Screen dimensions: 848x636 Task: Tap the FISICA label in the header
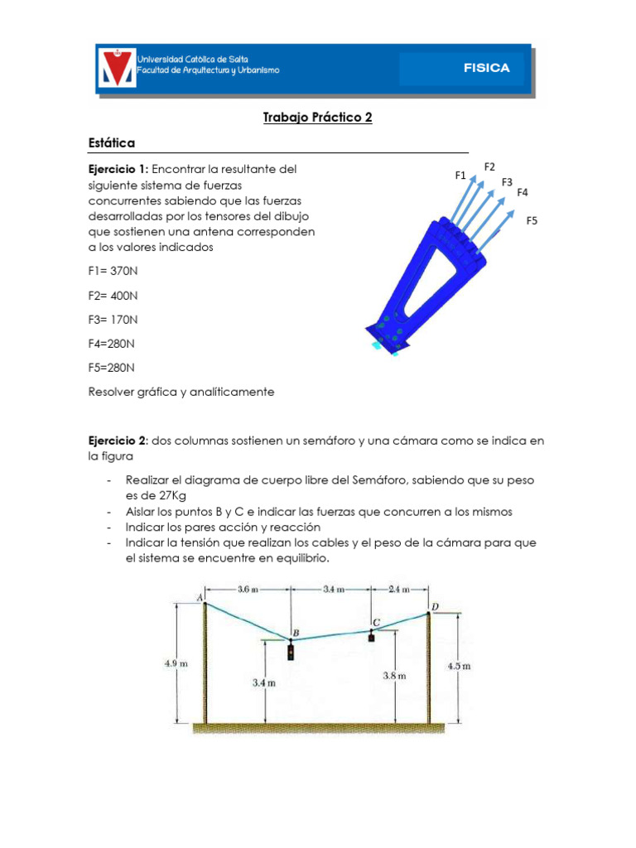pyautogui.click(x=486, y=69)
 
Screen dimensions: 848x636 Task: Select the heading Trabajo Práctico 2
pyautogui.click(x=318, y=118)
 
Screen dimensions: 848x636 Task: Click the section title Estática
pyautogui.click(x=111, y=143)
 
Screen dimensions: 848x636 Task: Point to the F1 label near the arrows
pyautogui.click(x=461, y=175)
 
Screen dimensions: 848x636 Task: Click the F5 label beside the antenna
pyautogui.click(x=532, y=220)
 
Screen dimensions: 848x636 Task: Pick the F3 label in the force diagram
pyautogui.click(x=507, y=181)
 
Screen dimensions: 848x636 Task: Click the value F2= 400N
pyautogui.click(x=113, y=295)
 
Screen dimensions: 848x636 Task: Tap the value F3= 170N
pyautogui.click(x=113, y=319)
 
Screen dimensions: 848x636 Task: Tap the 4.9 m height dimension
pyautogui.click(x=177, y=662)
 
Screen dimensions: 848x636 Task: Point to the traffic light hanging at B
pyautogui.click(x=291, y=653)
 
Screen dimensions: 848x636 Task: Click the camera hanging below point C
pyautogui.click(x=372, y=637)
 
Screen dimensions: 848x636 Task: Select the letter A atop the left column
pyautogui.click(x=200, y=597)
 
